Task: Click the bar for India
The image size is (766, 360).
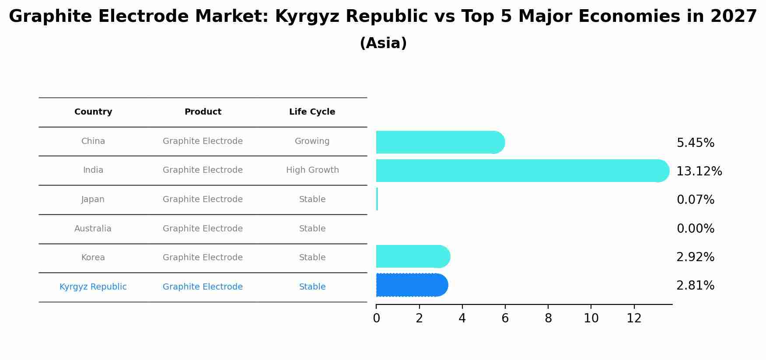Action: pos(521,171)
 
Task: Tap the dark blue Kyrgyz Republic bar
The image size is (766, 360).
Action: pos(411,285)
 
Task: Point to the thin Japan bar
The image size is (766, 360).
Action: pos(377,199)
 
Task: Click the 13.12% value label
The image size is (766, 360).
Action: pos(699,171)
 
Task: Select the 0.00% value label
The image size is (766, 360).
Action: pos(695,229)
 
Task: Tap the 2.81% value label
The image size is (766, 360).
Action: pos(695,286)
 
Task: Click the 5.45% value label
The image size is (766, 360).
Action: pos(695,143)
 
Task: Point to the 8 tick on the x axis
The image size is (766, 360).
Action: pos(548,318)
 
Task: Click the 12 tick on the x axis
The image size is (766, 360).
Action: pos(634,318)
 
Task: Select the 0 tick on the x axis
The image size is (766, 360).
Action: pos(376,318)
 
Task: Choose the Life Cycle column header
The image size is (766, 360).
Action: pos(312,112)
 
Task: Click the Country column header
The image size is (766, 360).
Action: pos(93,112)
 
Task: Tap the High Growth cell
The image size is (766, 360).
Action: pos(312,170)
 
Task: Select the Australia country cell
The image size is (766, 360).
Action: pos(93,229)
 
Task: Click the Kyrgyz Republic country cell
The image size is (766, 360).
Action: pos(93,287)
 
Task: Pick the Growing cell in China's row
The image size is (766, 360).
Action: pos(312,141)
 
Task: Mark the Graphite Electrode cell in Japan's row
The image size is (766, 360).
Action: pos(203,199)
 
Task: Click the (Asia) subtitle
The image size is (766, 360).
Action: pos(383,43)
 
